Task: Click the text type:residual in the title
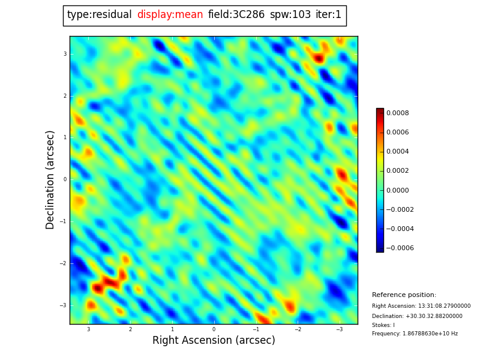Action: coord(99,15)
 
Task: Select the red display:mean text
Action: coord(170,15)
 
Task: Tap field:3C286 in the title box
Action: coord(236,15)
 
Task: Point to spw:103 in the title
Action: coord(290,15)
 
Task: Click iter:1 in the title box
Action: coord(328,15)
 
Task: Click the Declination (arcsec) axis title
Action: coord(50,179)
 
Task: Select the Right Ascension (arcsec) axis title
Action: coord(214,341)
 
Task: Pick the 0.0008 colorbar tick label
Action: coord(398,113)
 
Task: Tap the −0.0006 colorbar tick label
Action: coord(400,248)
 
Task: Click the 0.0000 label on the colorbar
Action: coord(398,190)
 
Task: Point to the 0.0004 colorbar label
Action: coord(398,151)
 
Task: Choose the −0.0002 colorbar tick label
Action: coord(400,209)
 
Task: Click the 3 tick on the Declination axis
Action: coord(65,54)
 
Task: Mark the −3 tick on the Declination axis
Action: coord(63,305)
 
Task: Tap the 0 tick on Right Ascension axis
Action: coord(214,329)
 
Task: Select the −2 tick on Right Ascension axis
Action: coord(297,329)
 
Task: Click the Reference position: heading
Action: coord(404,295)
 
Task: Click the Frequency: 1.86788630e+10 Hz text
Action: coord(415,334)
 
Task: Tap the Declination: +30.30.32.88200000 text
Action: coord(417,316)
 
